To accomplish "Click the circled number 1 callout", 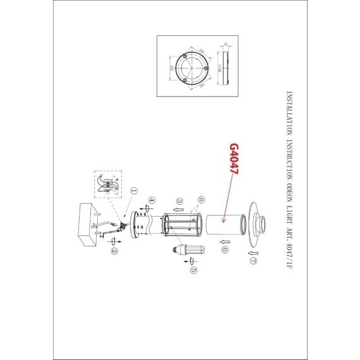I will pos(134,189).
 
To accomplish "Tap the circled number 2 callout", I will pos(114,250).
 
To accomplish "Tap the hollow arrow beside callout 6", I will pos(224,241).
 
